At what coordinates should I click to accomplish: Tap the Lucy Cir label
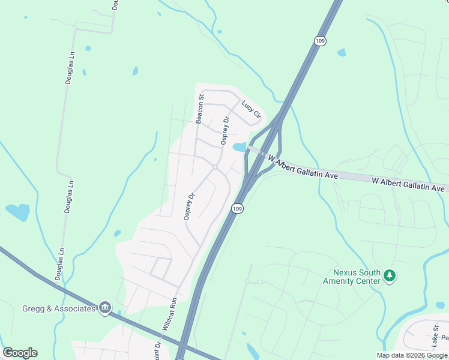pos(252,109)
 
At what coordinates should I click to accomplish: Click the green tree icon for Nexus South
pos(390,275)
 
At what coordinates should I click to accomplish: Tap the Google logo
pos(20,353)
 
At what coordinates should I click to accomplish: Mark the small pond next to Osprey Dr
pos(239,147)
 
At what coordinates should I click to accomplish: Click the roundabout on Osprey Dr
pos(214,166)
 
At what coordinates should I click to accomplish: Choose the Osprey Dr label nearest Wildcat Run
pos(190,206)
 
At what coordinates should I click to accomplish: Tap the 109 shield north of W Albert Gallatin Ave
pos(320,40)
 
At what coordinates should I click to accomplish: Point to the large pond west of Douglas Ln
pos(18,212)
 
